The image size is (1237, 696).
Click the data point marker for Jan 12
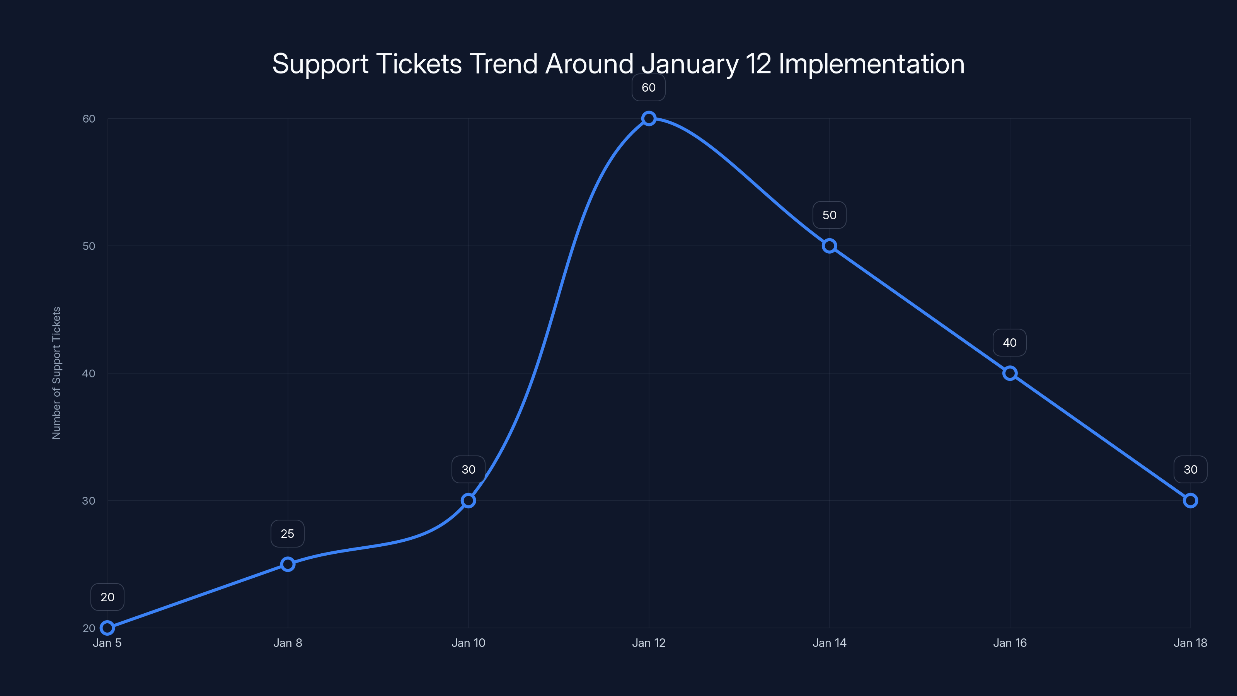pos(649,119)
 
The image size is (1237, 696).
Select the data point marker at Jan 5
pos(107,628)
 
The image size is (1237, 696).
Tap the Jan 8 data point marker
pos(288,564)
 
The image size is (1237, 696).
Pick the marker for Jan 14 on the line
pos(829,246)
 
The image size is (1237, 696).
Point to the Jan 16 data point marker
pos(1010,373)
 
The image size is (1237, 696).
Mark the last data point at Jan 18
pos(1191,500)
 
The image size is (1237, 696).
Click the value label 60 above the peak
pos(648,88)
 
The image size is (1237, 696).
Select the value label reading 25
pos(287,534)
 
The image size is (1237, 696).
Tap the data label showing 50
pos(829,215)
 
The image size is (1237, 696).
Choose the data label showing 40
pos(1009,343)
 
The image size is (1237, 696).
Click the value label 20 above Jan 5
pos(107,597)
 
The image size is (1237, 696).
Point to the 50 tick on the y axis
pos(89,246)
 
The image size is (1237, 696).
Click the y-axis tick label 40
pos(89,373)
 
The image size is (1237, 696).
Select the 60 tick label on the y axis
pos(89,119)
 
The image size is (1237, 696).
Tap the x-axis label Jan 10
pos(468,643)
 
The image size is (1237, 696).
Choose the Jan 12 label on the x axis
pos(649,643)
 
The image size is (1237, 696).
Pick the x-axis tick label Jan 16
pos(1010,643)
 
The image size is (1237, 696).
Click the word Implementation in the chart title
pos(871,64)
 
